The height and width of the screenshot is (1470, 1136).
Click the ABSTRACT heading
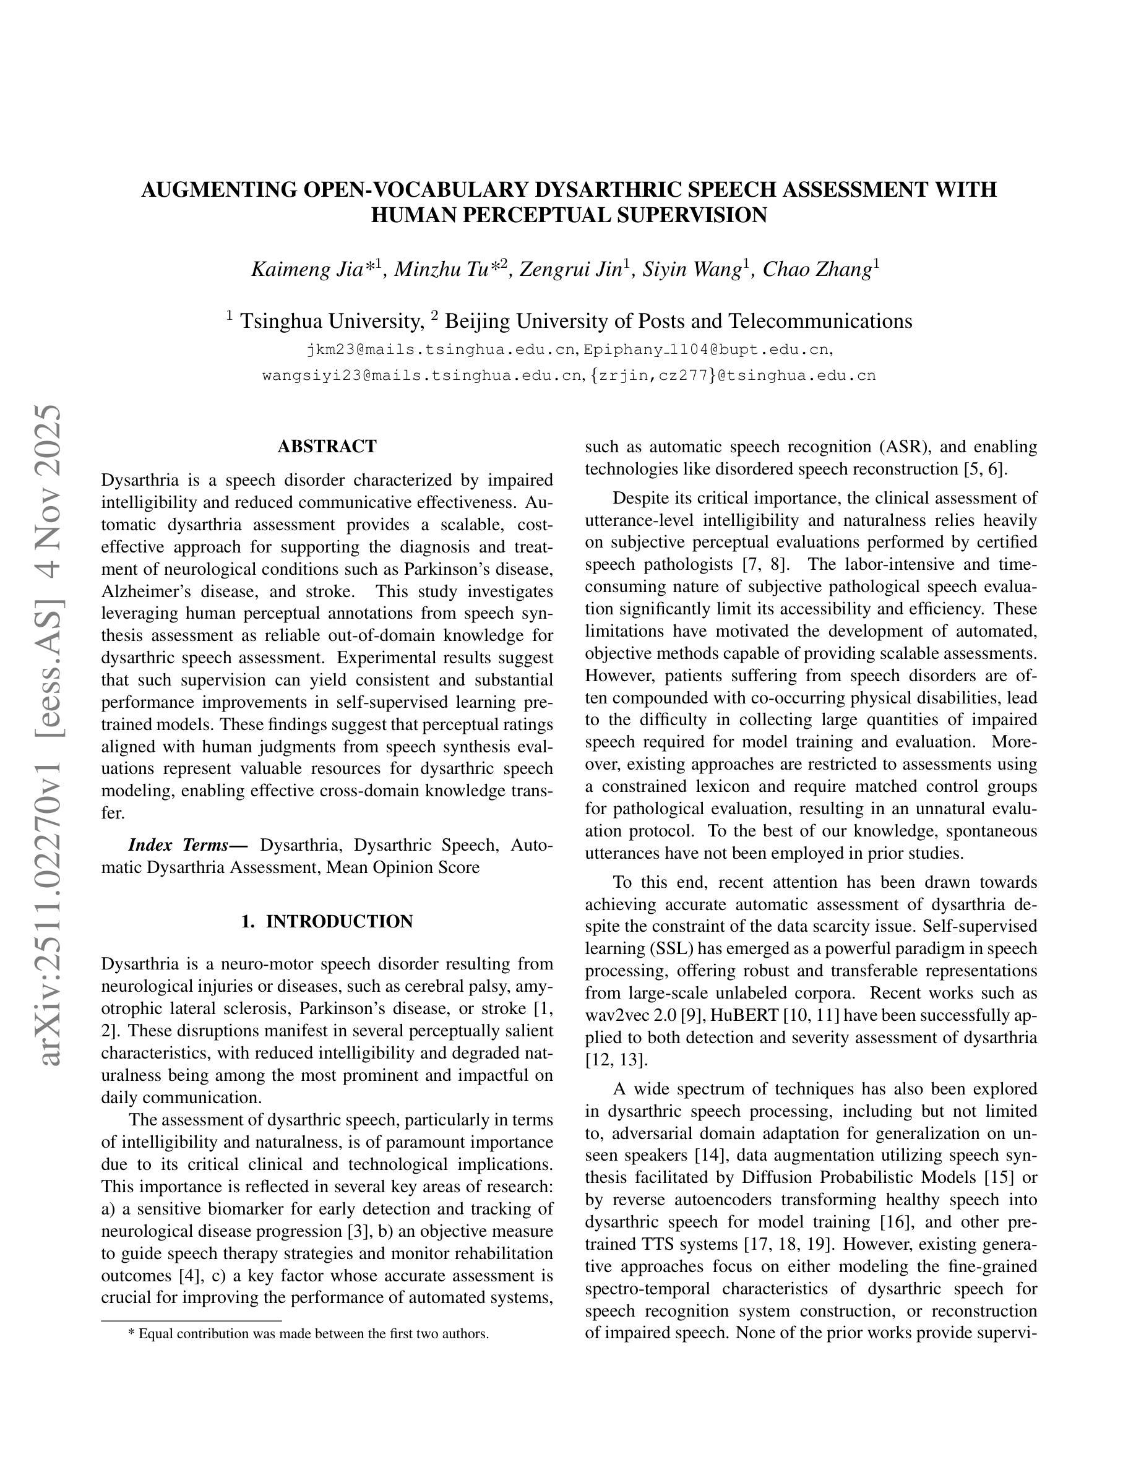(x=327, y=447)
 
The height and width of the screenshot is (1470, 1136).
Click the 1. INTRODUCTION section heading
(x=327, y=921)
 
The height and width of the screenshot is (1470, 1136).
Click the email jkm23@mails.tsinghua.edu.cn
(x=442, y=350)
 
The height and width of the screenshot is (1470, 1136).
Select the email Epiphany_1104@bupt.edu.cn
(x=706, y=350)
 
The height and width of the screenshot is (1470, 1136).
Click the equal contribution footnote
(x=308, y=1334)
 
